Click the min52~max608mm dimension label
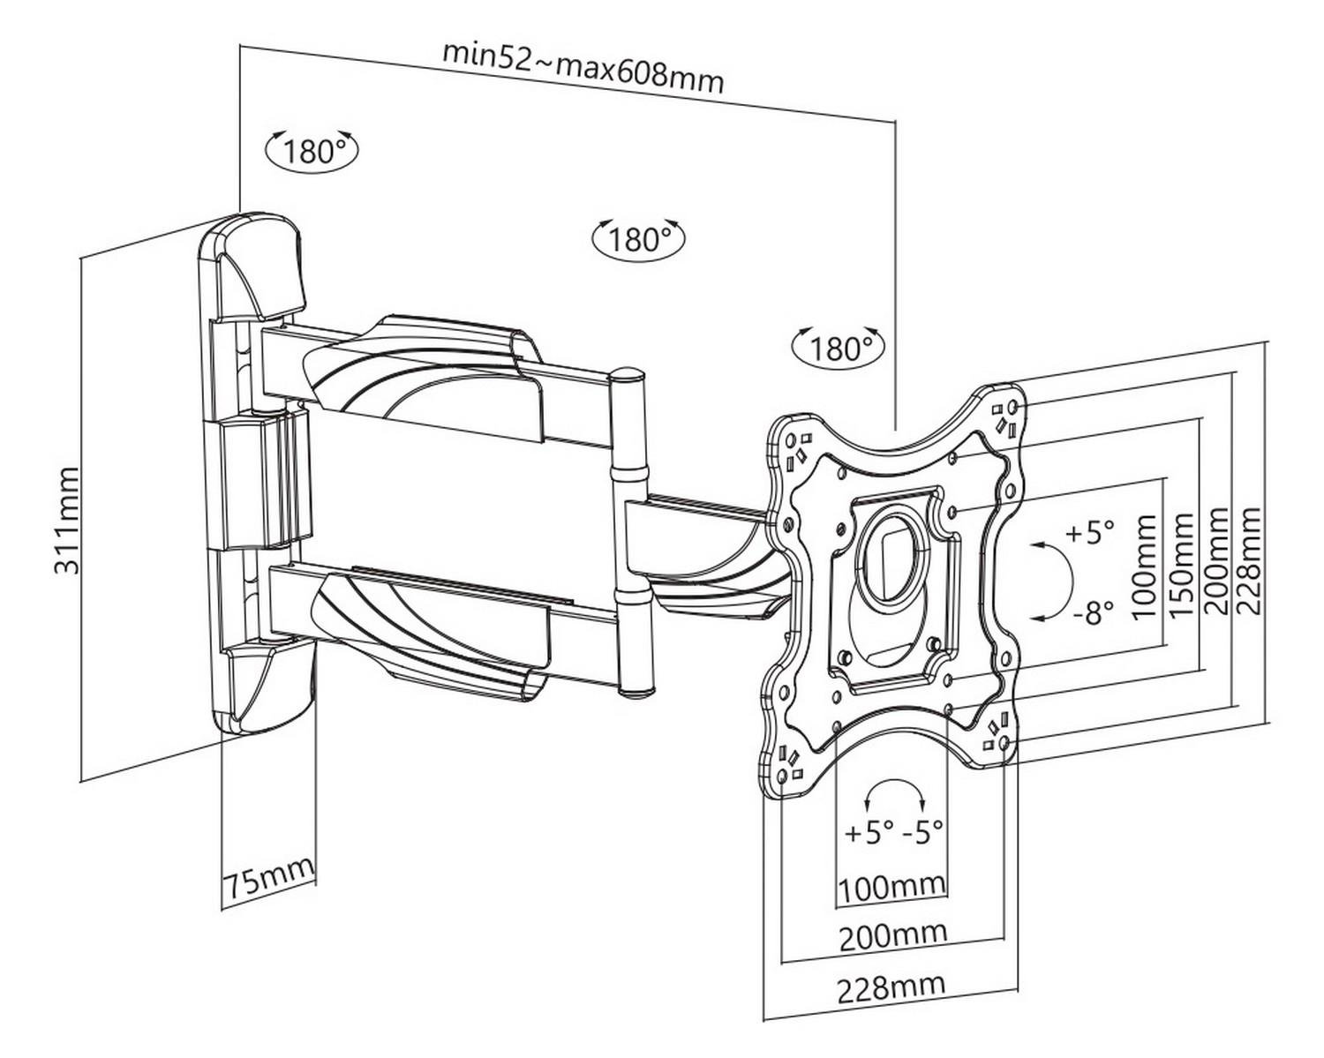pyautogui.click(x=583, y=66)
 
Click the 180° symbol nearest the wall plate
pyautogui.click(x=312, y=151)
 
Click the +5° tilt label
pyautogui.click(x=1090, y=533)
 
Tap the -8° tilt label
pyautogui.click(x=1093, y=612)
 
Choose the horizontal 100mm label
pyautogui.click(x=891, y=886)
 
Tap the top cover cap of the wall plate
pyautogui.click(x=256, y=265)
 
